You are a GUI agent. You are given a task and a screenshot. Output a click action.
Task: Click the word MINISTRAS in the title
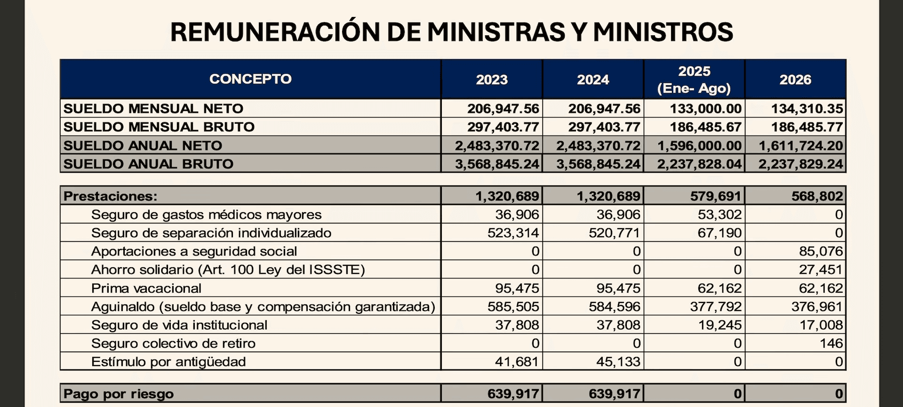point(495,32)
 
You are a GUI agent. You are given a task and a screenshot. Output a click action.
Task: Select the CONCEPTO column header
point(250,79)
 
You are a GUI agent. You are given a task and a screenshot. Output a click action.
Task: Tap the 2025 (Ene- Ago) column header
point(694,80)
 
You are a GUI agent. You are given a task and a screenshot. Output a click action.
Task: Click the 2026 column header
point(795,80)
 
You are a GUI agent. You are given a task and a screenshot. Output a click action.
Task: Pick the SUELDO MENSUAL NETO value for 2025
point(705,109)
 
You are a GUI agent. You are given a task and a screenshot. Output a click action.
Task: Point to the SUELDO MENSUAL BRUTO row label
point(159,127)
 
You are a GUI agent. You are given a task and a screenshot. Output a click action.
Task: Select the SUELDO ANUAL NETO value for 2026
point(800,146)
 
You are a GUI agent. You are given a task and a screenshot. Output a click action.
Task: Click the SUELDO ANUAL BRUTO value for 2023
point(497,164)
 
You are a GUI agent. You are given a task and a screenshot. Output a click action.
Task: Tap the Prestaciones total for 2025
point(716,196)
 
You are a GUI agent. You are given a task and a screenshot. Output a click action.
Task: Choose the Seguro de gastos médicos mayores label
point(206,215)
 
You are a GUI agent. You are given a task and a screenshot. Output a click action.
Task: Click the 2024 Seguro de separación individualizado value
point(614,233)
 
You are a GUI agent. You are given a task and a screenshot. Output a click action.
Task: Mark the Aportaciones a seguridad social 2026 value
point(821,252)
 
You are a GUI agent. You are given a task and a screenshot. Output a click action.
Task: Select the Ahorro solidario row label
point(228,270)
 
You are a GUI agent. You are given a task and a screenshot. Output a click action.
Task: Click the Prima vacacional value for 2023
point(517,288)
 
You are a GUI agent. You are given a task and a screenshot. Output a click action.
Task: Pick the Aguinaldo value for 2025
point(716,307)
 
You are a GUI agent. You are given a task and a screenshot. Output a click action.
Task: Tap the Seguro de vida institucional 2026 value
point(821,325)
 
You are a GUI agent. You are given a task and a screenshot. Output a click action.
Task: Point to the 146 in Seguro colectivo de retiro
point(831,343)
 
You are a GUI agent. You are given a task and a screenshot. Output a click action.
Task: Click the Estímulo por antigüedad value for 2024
point(618,362)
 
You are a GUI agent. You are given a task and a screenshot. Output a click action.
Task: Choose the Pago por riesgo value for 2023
point(513,394)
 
